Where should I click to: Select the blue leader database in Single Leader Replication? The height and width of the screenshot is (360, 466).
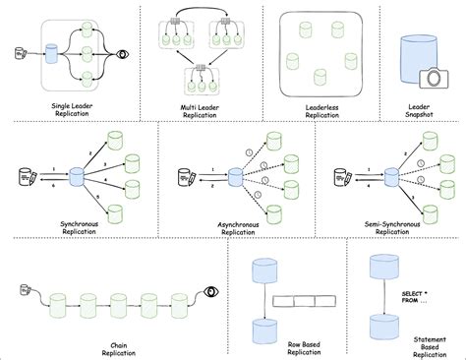pos(51,54)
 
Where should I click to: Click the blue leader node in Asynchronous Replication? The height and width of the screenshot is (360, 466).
pos(234,179)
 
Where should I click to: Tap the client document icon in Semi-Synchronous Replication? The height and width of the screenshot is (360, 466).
pos(342,179)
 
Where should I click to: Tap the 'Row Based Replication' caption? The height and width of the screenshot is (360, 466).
pos(296,342)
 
